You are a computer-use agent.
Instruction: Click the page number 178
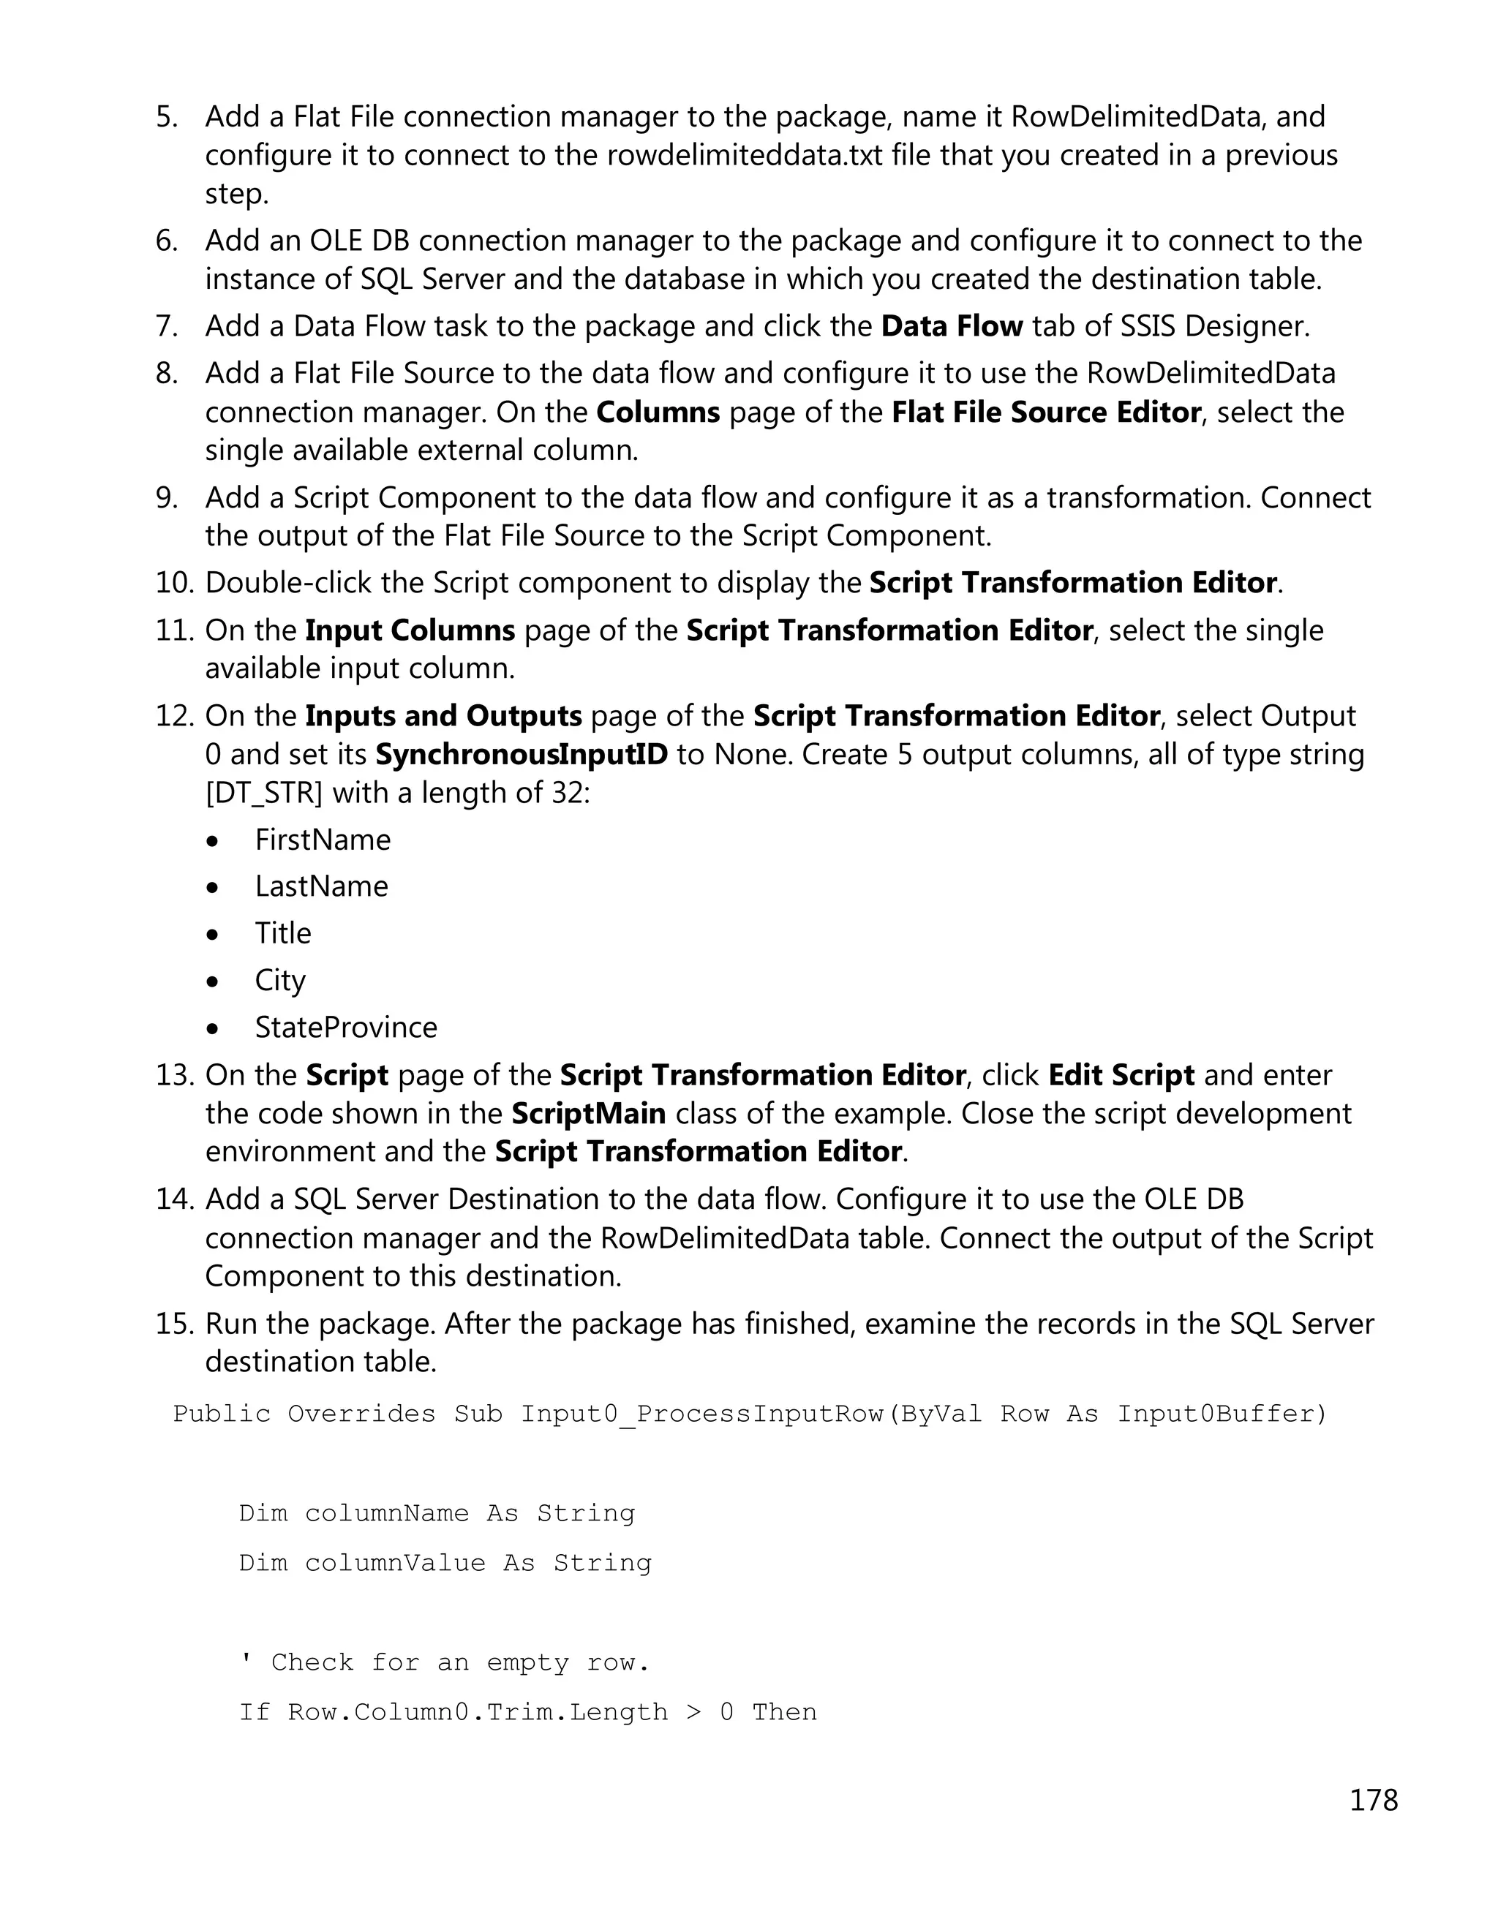click(x=1373, y=1800)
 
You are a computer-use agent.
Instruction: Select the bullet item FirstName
click(x=323, y=840)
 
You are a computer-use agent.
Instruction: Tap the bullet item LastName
click(x=321, y=886)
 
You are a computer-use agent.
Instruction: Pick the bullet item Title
click(x=282, y=933)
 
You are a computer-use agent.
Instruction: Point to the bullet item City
click(x=280, y=981)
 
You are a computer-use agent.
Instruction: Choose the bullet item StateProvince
click(x=345, y=1027)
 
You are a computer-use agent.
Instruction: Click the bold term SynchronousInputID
click(x=521, y=754)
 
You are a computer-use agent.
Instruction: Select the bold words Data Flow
click(x=952, y=326)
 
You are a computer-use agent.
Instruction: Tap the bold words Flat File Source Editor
click(x=1045, y=412)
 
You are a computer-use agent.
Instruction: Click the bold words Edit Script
click(x=1121, y=1075)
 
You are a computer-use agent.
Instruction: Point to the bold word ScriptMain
click(x=589, y=1114)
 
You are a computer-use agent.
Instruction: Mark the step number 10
click(x=173, y=583)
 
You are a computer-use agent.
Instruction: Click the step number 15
click(x=173, y=1324)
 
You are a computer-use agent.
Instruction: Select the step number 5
click(x=167, y=116)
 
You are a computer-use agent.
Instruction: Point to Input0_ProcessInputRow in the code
click(x=702, y=1414)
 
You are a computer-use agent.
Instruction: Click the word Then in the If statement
click(x=784, y=1712)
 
